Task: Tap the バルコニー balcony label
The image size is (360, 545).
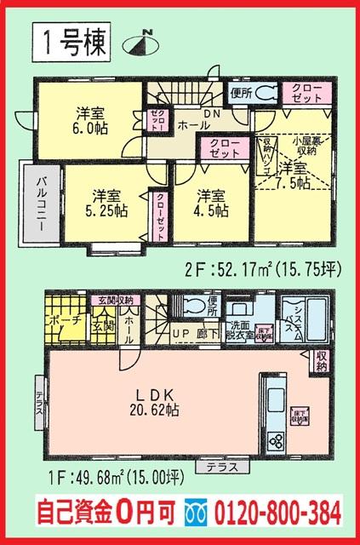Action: pyautogui.click(x=41, y=205)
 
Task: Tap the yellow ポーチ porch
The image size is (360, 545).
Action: pyautogui.click(x=62, y=320)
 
